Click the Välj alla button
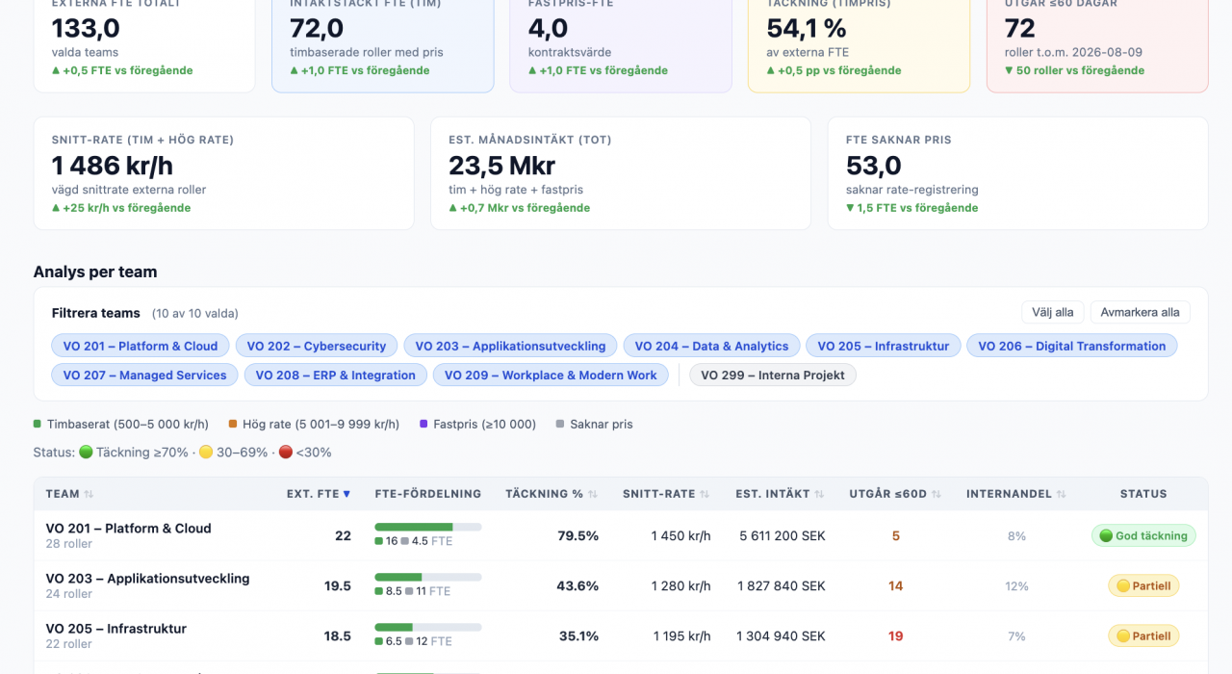[x=1052, y=313]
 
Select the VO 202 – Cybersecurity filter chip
[x=317, y=346]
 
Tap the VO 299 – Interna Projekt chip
[x=772, y=376]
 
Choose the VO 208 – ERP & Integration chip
[x=336, y=376]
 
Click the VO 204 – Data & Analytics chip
[x=711, y=346]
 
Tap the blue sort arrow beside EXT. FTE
[x=346, y=494]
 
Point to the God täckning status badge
[x=1143, y=536]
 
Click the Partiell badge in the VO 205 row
[x=1143, y=636]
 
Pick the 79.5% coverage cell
[x=577, y=536]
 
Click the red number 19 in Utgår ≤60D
[x=895, y=636]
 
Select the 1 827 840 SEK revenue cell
[x=781, y=586]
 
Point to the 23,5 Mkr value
[x=501, y=166]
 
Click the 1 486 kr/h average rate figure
[x=113, y=166]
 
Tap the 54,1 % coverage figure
[x=807, y=28]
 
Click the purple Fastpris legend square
[x=423, y=424]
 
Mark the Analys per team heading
[x=95, y=272]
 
